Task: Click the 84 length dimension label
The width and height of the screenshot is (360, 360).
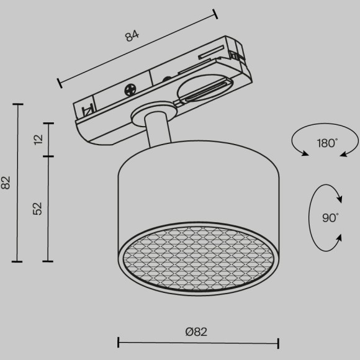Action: (x=132, y=35)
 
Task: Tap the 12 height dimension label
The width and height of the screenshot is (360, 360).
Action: (x=38, y=140)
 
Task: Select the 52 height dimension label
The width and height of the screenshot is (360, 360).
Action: (x=37, y=209)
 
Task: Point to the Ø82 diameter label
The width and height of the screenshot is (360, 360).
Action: (x=196, y=332)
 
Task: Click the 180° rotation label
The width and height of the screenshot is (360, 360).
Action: (x=327, y=143)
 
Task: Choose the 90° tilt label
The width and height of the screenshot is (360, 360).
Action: (x=330, y=218)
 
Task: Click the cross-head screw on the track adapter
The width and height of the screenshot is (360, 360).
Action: (x=130, y=90)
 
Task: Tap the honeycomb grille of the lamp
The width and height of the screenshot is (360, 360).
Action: (x=199, y=258)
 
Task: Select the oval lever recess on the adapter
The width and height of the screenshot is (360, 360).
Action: (x=205, y=89)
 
